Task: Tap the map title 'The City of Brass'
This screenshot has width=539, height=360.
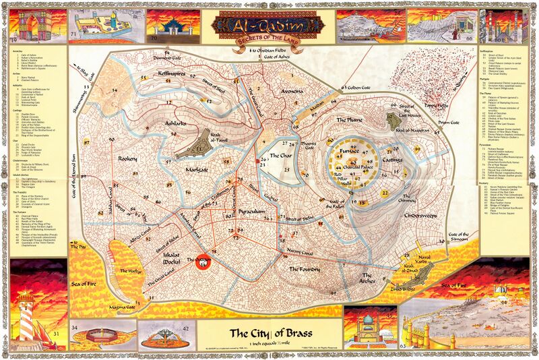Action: [x=268, y=332]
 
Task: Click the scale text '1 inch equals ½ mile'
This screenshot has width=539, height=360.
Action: [x=268, y=344]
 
